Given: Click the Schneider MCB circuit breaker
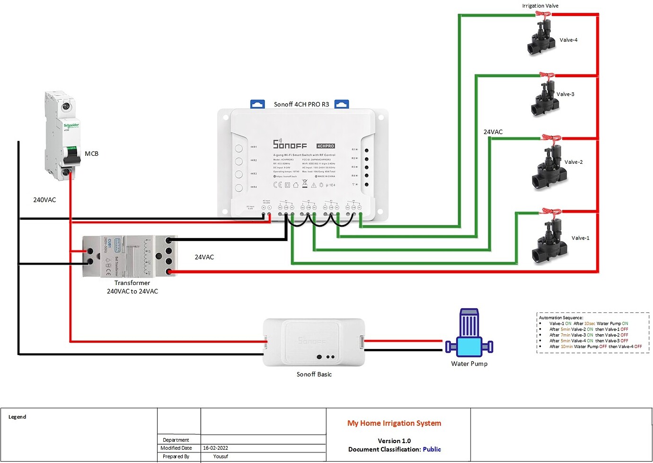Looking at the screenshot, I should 63,136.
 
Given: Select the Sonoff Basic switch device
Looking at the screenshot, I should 314,342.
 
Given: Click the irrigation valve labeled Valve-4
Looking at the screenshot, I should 541,37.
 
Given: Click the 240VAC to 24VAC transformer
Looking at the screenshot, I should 130,256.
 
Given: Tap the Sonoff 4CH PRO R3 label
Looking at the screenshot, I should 301,104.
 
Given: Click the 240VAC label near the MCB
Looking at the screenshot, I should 44,200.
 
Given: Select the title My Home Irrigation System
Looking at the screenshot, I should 394,423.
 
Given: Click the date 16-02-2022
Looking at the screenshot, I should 216,448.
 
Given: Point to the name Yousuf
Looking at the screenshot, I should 221,456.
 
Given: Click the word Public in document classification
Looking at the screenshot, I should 432,449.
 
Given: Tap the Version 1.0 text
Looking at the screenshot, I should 394,441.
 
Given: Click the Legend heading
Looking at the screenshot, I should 18,417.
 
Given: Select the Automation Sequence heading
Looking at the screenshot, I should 561,318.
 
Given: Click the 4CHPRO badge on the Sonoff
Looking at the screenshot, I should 326,146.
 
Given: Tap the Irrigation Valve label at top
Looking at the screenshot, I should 540,6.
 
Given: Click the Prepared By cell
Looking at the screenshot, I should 176,456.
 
